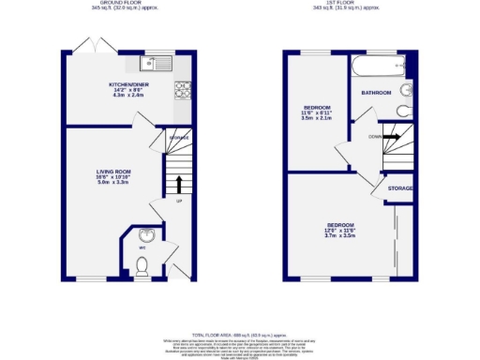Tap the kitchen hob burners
click(x=185, y=91)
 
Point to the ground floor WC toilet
click(x=142, y=268)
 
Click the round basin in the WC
click(x=144, y=236)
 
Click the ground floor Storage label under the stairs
click(x=179, y=138)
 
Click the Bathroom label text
click(x=376, y=93)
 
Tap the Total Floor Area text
click(x=240, y=334)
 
